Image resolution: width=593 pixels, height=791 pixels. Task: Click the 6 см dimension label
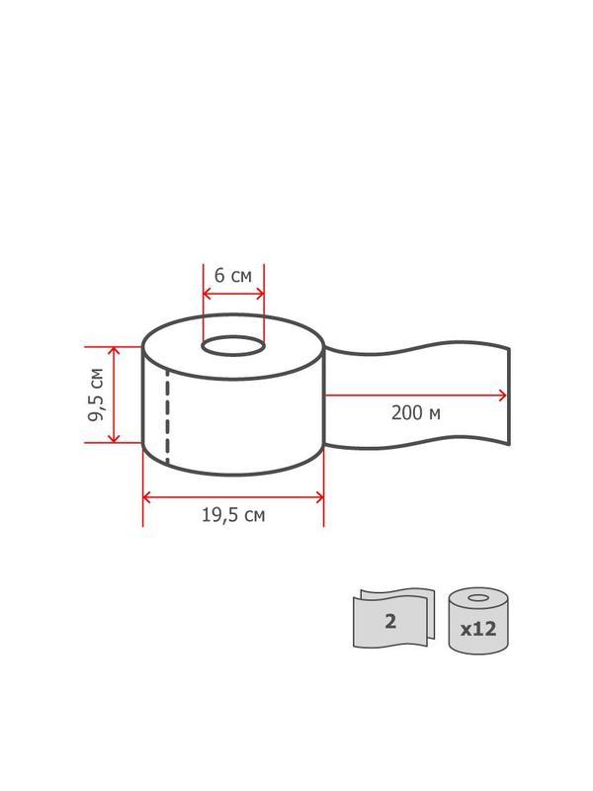233,276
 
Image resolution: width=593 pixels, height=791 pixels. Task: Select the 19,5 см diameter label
233,515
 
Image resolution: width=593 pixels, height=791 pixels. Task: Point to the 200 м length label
415,413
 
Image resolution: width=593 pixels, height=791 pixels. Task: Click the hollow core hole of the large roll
233,347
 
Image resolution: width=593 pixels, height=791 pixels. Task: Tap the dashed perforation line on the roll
167,415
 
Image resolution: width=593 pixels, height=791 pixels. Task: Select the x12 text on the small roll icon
478,628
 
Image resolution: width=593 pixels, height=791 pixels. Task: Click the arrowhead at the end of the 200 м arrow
503,395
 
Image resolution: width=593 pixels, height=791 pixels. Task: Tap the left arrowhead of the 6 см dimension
206,294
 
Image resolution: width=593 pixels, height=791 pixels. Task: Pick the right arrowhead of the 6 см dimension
261,294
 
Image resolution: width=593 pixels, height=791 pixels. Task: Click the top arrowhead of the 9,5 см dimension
115,351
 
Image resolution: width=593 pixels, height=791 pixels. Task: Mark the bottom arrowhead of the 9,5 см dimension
115,438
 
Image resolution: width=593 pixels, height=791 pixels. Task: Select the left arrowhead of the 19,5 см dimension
147,496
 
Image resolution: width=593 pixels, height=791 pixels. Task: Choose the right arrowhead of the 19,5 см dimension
319,496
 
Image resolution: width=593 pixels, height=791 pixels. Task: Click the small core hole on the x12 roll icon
478,599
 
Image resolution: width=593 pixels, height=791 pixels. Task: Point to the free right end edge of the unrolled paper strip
508,395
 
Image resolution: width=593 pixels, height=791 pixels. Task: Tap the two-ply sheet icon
392,619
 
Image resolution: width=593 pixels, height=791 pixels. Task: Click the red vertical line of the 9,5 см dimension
115,395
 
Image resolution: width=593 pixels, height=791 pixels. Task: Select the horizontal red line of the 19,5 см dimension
233,496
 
